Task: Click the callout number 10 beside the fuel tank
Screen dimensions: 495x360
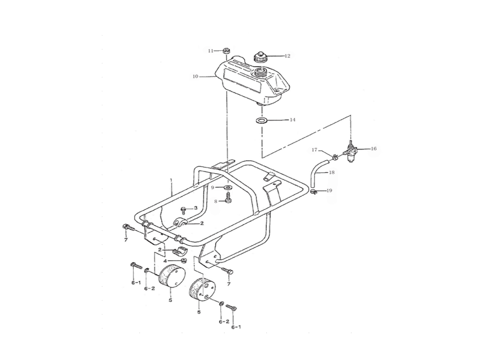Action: tap(195, 76)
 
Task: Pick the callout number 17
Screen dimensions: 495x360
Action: tap(315, 150)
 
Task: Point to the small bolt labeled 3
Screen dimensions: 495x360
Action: tap(183, 210)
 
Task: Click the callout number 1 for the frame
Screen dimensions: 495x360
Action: tap(171, 180)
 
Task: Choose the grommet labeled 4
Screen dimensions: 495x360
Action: tap(182, 261)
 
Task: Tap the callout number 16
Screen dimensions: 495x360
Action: tap(374, 148)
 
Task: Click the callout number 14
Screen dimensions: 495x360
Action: tap(292, 120)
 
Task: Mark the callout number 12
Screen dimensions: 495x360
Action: tap(287, 56)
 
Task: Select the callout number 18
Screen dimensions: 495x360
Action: tap(332, 172)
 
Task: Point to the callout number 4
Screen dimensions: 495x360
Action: tap(165, 261)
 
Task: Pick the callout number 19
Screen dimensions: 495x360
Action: tap(329, 190)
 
